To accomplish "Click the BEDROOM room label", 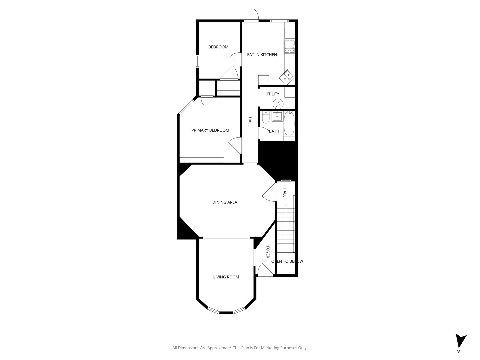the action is tap(218, 47).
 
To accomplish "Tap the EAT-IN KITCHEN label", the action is tap(262, 55).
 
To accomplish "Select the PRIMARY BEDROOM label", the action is tap(210, 130).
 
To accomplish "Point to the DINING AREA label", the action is tap(225, 202).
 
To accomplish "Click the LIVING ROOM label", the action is tap(226, 277).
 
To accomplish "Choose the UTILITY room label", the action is tap(272, 94).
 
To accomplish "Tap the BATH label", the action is tap(274, 131).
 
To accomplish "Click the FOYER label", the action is tap(268, 252).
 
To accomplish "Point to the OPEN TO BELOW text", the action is tap(287, 261).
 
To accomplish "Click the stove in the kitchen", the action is tap(289, 47).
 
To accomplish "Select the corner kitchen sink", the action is tap(287, 77).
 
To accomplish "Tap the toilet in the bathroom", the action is tap(265, 118).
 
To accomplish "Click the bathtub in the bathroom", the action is tap(289, 123).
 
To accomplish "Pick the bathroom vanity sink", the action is tap(277, 116).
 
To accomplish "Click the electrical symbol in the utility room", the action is tap(278, 104).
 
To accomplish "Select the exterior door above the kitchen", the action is tap(251, 15).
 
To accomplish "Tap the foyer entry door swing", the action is tap(265, 269).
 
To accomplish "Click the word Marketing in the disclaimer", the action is tap(271, 348).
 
